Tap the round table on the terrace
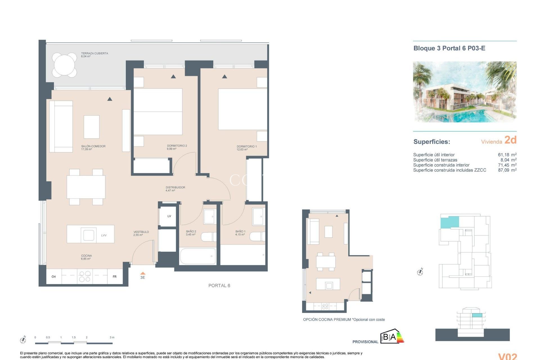[64, 65]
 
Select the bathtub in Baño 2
[197, 256]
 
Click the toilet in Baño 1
[257, 237]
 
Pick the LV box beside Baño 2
[169, 216]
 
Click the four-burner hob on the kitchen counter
[85, 276]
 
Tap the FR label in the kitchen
[114, 277]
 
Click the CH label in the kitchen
[53, 277]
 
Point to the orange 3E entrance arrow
[143, 273]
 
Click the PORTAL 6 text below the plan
[219, 285]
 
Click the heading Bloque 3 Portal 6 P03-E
[449, 48]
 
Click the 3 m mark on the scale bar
[112, 337]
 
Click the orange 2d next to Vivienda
[510, 140]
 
